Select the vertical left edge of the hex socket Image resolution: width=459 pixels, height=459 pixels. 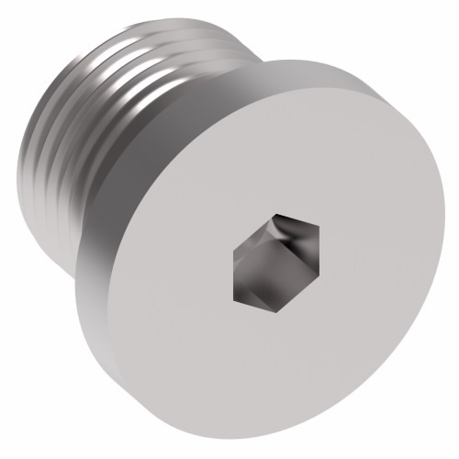(235, 262)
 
